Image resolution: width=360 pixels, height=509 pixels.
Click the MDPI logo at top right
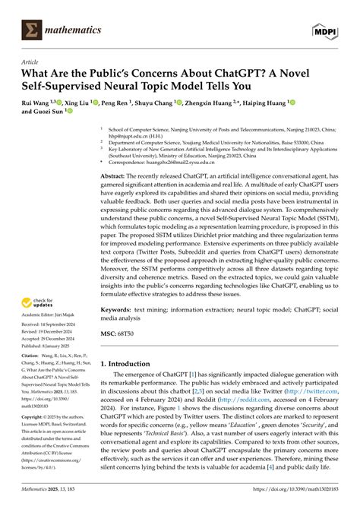point(330,30)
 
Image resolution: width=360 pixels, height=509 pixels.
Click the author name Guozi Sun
point(53,111)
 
